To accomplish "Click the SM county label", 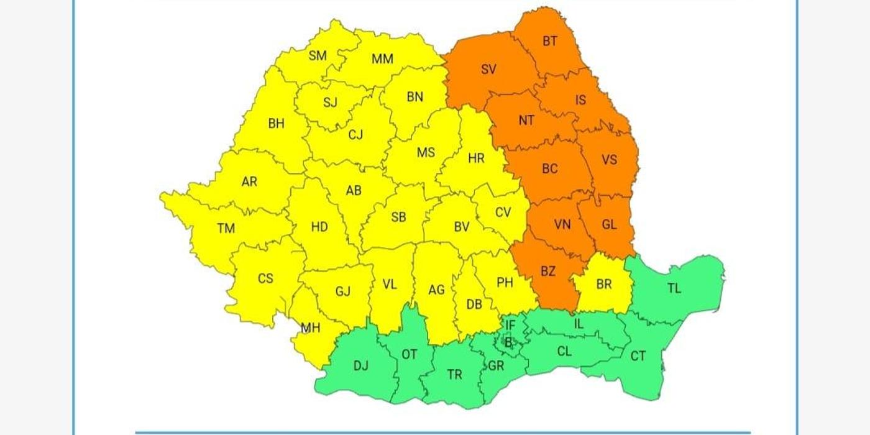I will (x=318, y=56).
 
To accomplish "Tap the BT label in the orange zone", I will (x=550, y=42).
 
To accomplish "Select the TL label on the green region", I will (x=674, y=288).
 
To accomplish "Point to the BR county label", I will (x=603, y=285).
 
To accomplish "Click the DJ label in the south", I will (x=361, y=366).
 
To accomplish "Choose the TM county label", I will (x=226, y=229).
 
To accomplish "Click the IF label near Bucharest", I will (x=510, y=325).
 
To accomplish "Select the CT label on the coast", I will (x=638, y=356).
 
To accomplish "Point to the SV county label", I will (x=488, y=70).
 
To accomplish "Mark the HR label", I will (x=476, y=158).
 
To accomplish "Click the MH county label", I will (x=310, y=327).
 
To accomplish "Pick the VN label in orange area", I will (x=562, y=224).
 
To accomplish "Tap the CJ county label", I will (x=355, y=135).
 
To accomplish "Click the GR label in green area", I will (x=496, y=366).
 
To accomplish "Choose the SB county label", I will (x=398, y=217).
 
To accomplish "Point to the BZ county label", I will (x=547, y=271).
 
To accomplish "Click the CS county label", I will (x=265, y=278).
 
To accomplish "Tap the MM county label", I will (x=382, y=60).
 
